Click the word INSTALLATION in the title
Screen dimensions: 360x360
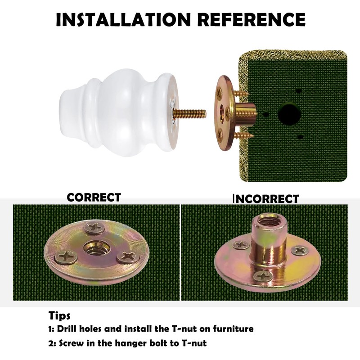point(123,19)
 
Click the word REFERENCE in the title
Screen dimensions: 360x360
point(252,19)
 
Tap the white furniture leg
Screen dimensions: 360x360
point(118,112)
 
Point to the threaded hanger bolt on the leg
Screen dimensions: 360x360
point(189,113)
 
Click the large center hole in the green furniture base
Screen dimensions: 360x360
point(289,114)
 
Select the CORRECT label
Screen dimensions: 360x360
point(94,198)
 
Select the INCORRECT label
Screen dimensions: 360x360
point(266,199)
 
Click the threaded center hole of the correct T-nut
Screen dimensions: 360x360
point(94,248)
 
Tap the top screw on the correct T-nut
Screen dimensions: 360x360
point(95,228)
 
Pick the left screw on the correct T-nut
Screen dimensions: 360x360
point(66,256)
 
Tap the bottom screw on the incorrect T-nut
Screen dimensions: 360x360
point(263,276)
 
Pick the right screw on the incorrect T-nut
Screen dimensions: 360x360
point(300,250)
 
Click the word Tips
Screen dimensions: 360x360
point(59,316)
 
